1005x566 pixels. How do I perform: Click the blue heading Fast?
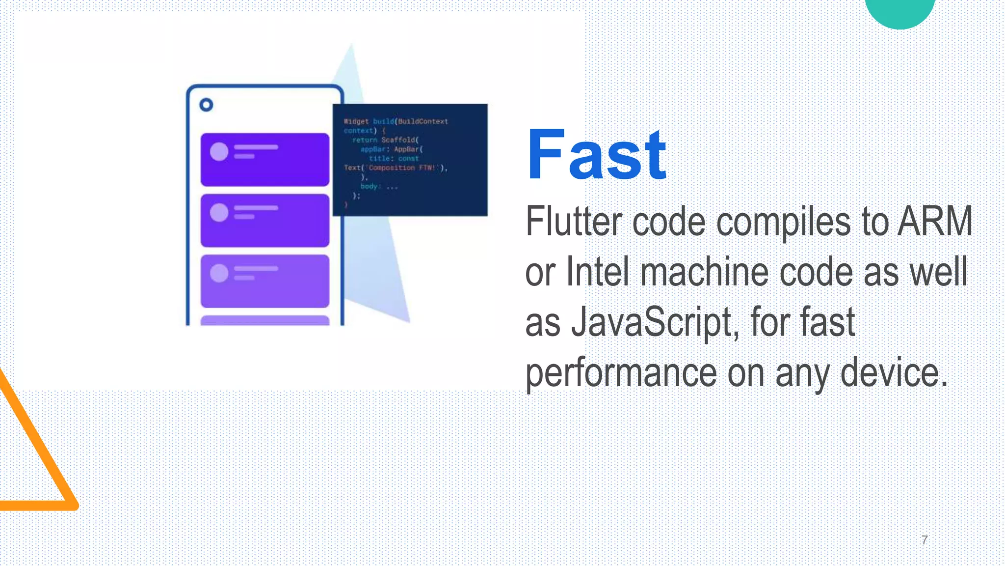pos(596,155)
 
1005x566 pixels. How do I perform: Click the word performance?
pos(621,373)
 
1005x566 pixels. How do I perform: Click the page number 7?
pos(925,540)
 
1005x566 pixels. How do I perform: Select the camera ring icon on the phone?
pos(206,105)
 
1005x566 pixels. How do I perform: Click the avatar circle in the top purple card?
pos(219,151)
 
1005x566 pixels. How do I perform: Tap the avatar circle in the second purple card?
pos(219,212)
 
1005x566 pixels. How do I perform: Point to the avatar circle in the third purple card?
pos(219,273)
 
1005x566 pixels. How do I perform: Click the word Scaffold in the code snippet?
pos(399,140)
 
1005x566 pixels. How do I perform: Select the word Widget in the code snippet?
pos(356,121)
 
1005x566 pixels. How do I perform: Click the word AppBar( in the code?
pos(408,149)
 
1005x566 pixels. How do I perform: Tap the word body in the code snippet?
pos(369,187)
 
